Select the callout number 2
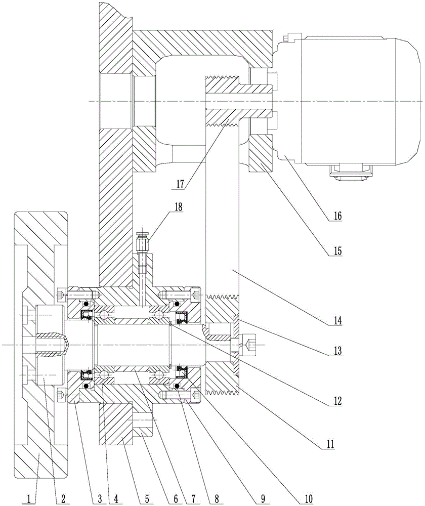coord(63,498)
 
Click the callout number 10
coord(309,498)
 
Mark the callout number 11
coord(329,444)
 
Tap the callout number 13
coord(336,351)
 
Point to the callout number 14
coord(336,320)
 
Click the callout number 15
coord(336,251)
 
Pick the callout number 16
coord(336,216)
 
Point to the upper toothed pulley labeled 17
coord(223,101)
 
